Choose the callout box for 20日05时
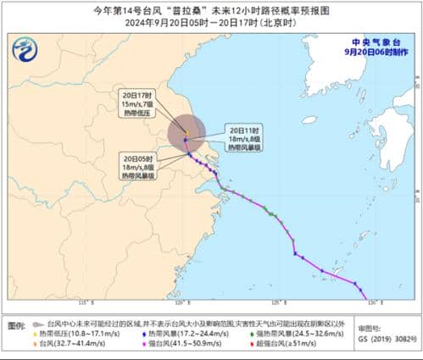(142, 166)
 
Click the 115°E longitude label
(84, 302)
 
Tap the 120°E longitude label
(181, 302)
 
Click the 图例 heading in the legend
(15, 325)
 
